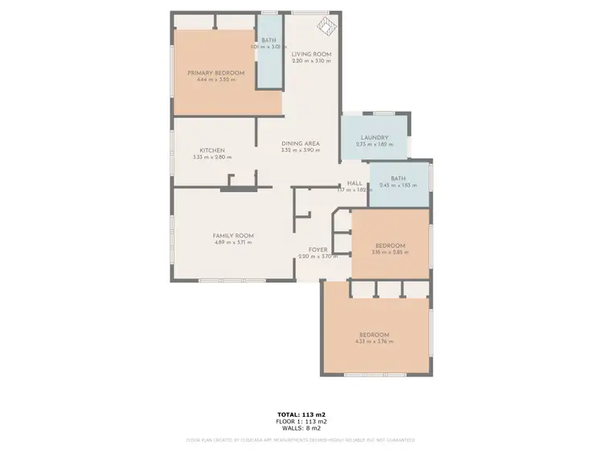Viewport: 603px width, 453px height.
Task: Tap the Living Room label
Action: pyautogui.click(x=311, y=54)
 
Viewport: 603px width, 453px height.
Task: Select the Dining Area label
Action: pyautogui.click(x=301, y=143)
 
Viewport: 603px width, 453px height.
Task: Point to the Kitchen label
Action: pyautogui.click(x=211, y=150)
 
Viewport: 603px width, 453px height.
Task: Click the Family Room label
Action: pyautogui.click(x=233, y=235)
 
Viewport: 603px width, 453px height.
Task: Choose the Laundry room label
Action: pyautogui.click(x=375, y=137)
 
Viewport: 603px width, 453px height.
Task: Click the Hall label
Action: pyautogui.click(x=355, y=183)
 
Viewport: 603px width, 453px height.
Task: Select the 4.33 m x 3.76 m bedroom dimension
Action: pyautogui.click(x=374, y=342)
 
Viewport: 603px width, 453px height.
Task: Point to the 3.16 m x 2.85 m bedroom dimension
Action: pyautogui.click(x=390, y=252)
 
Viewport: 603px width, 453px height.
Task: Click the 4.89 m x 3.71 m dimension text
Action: pyautogui.click(x=233, y=242)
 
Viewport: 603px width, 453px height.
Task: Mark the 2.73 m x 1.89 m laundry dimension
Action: pyautogui.click(x=375, y=144)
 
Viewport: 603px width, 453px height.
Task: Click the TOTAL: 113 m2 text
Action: pyautogui.click(x=301, y=414)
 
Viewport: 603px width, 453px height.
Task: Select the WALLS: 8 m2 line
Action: pyautogui.click(x=301, y=427)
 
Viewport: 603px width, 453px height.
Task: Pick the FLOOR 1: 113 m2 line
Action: pyautogui.click(x=301, y=421)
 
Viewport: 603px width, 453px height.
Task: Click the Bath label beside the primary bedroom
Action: pyautogui.click(x=269, y=40)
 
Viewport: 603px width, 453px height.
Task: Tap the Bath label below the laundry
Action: pyautogui.click(x=398, y=178)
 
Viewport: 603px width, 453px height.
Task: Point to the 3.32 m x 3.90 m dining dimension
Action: pyautogui.click(x=301, y=150)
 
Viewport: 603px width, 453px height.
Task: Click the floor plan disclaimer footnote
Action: pyautogui.click(x=301, y=440)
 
